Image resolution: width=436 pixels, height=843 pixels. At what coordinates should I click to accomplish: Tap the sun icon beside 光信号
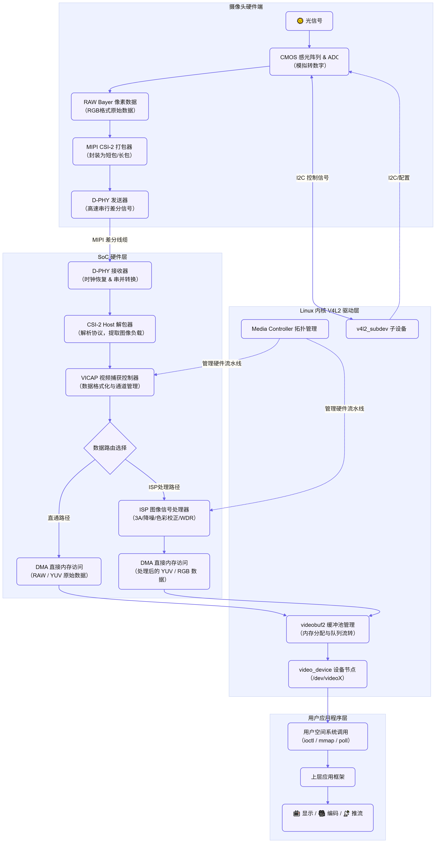click(x=300, y=21)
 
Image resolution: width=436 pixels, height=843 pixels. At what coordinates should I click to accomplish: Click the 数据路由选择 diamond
click(x=110, y=448)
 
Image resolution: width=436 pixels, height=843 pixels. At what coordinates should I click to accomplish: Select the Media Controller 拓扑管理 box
click(x=285, y=329)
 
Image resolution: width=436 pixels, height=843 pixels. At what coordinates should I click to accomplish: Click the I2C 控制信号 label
click(x=313, y=178)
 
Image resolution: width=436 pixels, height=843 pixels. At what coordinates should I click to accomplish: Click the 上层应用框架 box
click(x=328, y=777)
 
